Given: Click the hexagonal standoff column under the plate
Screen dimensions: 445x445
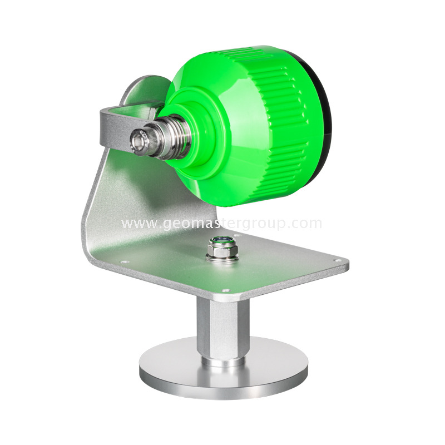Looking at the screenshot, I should [x=222, y=328].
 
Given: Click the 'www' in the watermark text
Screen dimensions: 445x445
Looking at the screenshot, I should [x=136, y=224].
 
